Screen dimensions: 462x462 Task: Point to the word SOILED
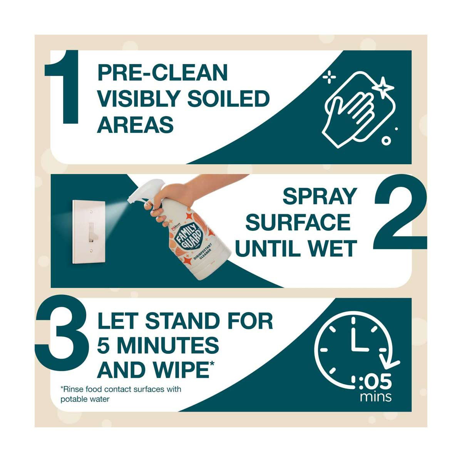(x=228, y=99)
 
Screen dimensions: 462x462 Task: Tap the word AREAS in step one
(x=135, y=124)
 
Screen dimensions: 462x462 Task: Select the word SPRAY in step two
(x=320, y=197)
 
